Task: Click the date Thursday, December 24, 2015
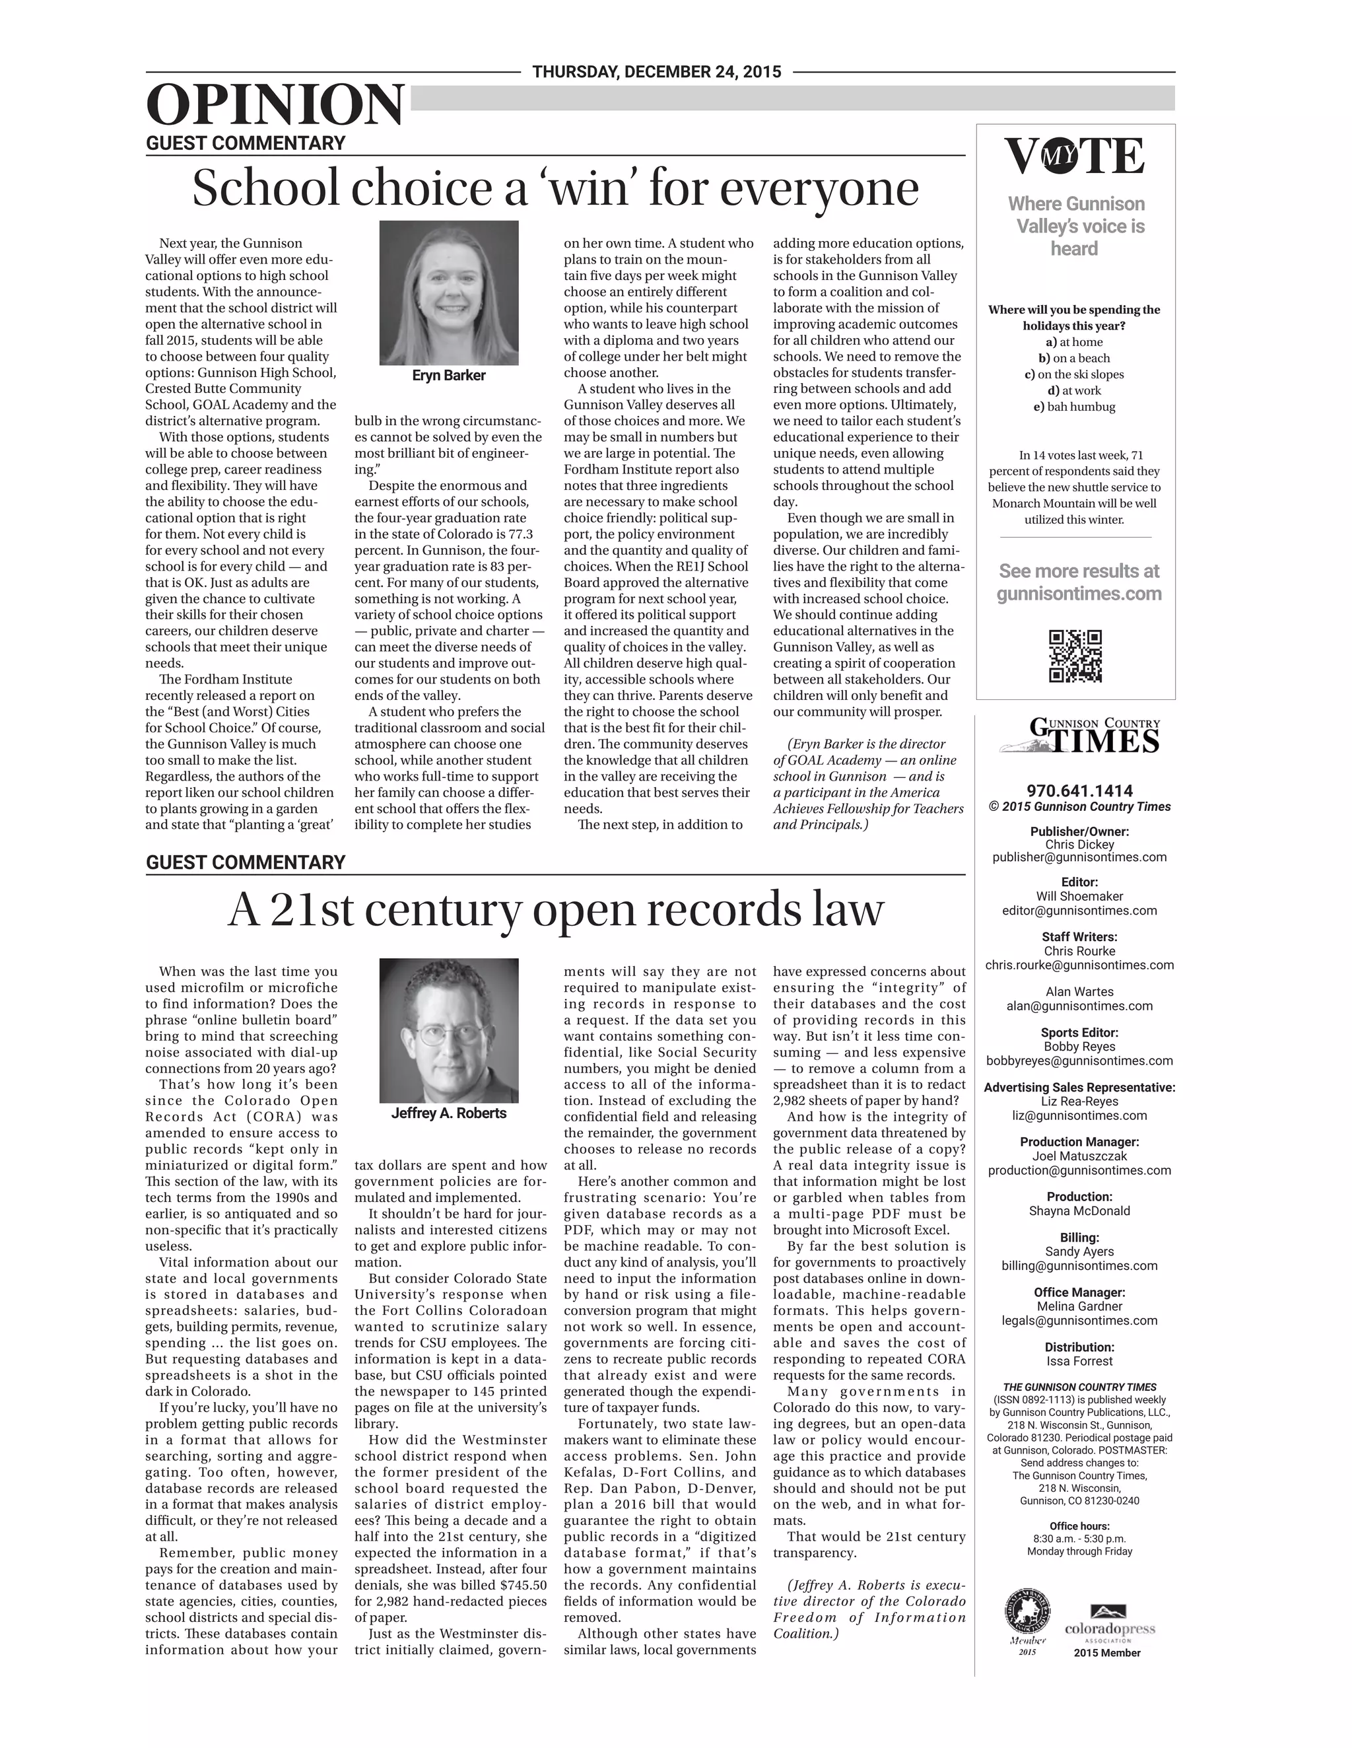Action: tap(656, 72)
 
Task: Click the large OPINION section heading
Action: tap(275, 105)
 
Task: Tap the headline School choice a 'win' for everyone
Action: tap(555, 188)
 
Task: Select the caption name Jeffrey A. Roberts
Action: tap(448, 1113)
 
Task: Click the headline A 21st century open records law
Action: tap(555, 909)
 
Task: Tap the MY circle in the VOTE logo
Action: tap(1059, 157)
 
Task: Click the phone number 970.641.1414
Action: tap(1079, 790)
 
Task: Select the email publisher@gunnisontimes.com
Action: tap(1079, 857)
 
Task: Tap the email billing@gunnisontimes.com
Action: tap(1079, 1265)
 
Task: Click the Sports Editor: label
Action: tap(1079, 1032)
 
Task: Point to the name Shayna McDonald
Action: tap(1079, 1211)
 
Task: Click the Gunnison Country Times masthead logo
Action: tap(1079, 736)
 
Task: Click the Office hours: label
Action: tap(1079, 1525)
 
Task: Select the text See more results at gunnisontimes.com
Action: tap(1079, 582)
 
